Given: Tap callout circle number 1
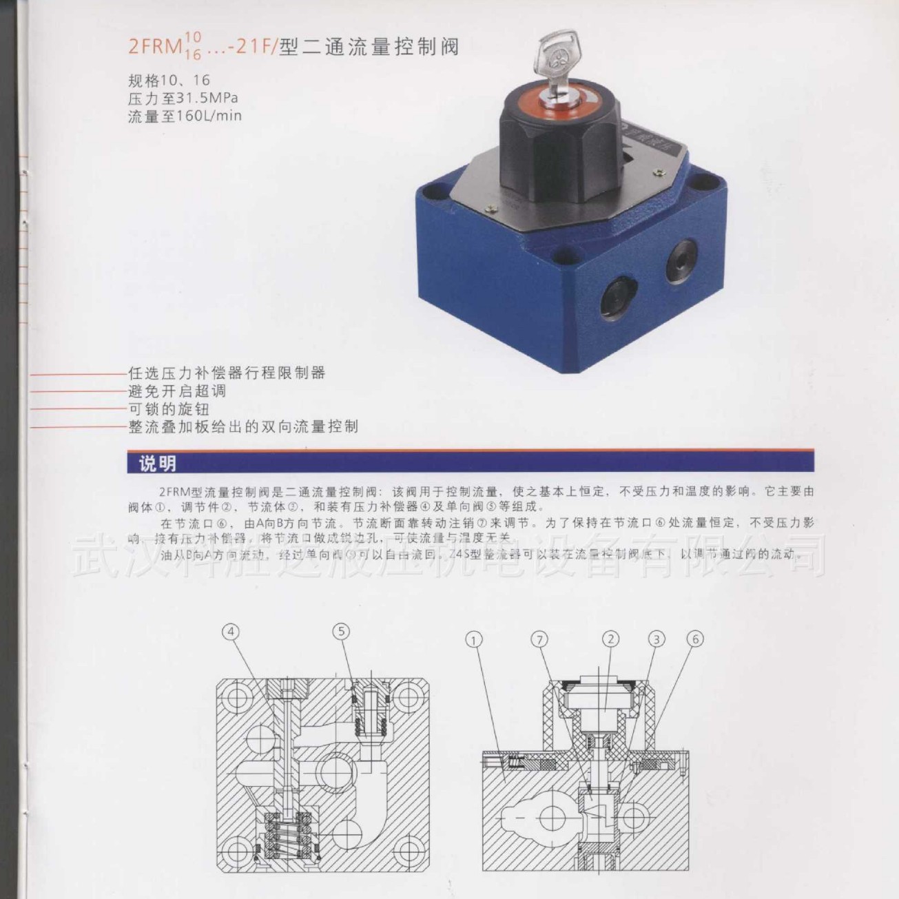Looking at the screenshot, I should click(x=474, y=640).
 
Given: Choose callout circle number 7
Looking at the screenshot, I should click(x=539, y=640).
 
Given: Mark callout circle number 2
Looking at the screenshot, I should click(x=610, y=639).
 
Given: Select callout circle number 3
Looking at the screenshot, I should click(x=657, y=640).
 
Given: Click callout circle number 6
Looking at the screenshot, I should click(x=694, y=640).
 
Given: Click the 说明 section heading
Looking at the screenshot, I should click(x=158, y=464).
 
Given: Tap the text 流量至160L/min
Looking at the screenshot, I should click(x=185, y=116).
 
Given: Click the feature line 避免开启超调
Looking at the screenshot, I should click(x=177, y=391).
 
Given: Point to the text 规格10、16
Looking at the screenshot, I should click(x=169, y=80).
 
